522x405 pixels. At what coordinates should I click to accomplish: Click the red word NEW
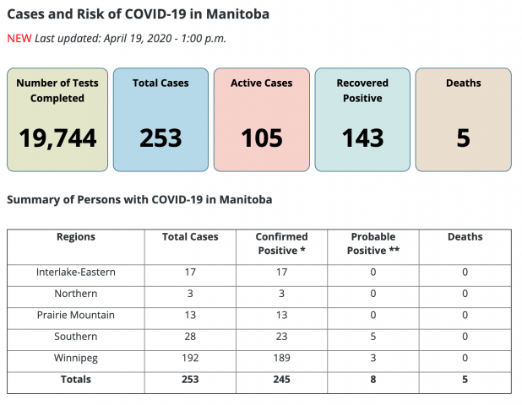pos(19,39)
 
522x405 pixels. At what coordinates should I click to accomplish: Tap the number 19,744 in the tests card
pos(57,138)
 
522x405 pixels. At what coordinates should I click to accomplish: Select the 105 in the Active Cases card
pos(262,138)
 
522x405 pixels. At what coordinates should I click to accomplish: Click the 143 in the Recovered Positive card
pos(362,138)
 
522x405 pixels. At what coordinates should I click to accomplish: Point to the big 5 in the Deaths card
pos(464,138)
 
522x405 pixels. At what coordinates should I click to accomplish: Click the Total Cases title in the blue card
pos(160,83)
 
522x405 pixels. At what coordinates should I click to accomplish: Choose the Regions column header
pos(76,237)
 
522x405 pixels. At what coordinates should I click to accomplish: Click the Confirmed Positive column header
pos(281,243)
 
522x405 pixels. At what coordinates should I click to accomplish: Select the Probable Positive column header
pos(373,243)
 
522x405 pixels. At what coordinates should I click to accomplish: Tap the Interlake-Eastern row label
pos(76,272)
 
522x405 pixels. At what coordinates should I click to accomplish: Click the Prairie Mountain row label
pos(76,315)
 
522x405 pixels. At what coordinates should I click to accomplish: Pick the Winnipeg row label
pos(76,359)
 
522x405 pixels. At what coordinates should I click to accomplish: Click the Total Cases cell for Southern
pos(190,337)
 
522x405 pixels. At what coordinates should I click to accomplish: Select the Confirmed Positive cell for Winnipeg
pos(281,358)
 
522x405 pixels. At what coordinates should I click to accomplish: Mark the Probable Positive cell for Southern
pos(373,337)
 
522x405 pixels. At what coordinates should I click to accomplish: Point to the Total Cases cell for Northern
pos(190,294)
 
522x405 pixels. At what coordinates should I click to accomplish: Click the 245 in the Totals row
pos(281,380)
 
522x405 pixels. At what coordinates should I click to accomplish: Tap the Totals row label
pos(76,380)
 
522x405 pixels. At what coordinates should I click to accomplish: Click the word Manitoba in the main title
pos(237,14)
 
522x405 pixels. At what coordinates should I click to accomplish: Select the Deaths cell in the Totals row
pos(465,380)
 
